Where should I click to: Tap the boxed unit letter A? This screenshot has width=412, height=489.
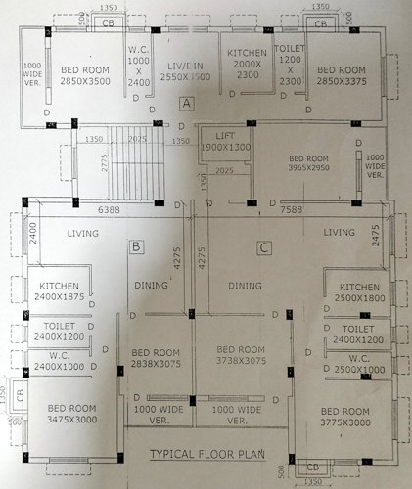[187, 103]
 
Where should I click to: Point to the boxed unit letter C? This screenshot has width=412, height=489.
[264, 247]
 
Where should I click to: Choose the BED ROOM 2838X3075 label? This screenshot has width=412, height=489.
[154, 357]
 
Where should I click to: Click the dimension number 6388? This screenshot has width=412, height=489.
[108, 209]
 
